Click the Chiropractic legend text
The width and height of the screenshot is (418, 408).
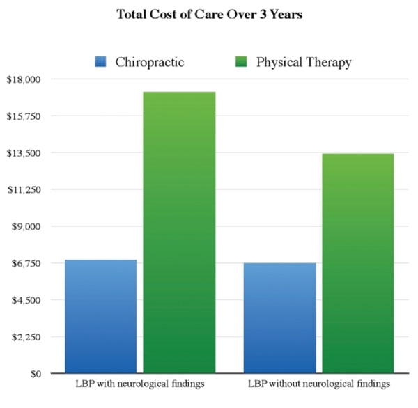[151, 62]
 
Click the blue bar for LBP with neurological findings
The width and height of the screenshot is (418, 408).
[100, 317]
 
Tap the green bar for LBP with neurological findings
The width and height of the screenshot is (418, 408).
[179, 233]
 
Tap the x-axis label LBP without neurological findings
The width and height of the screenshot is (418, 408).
[318, 384]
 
